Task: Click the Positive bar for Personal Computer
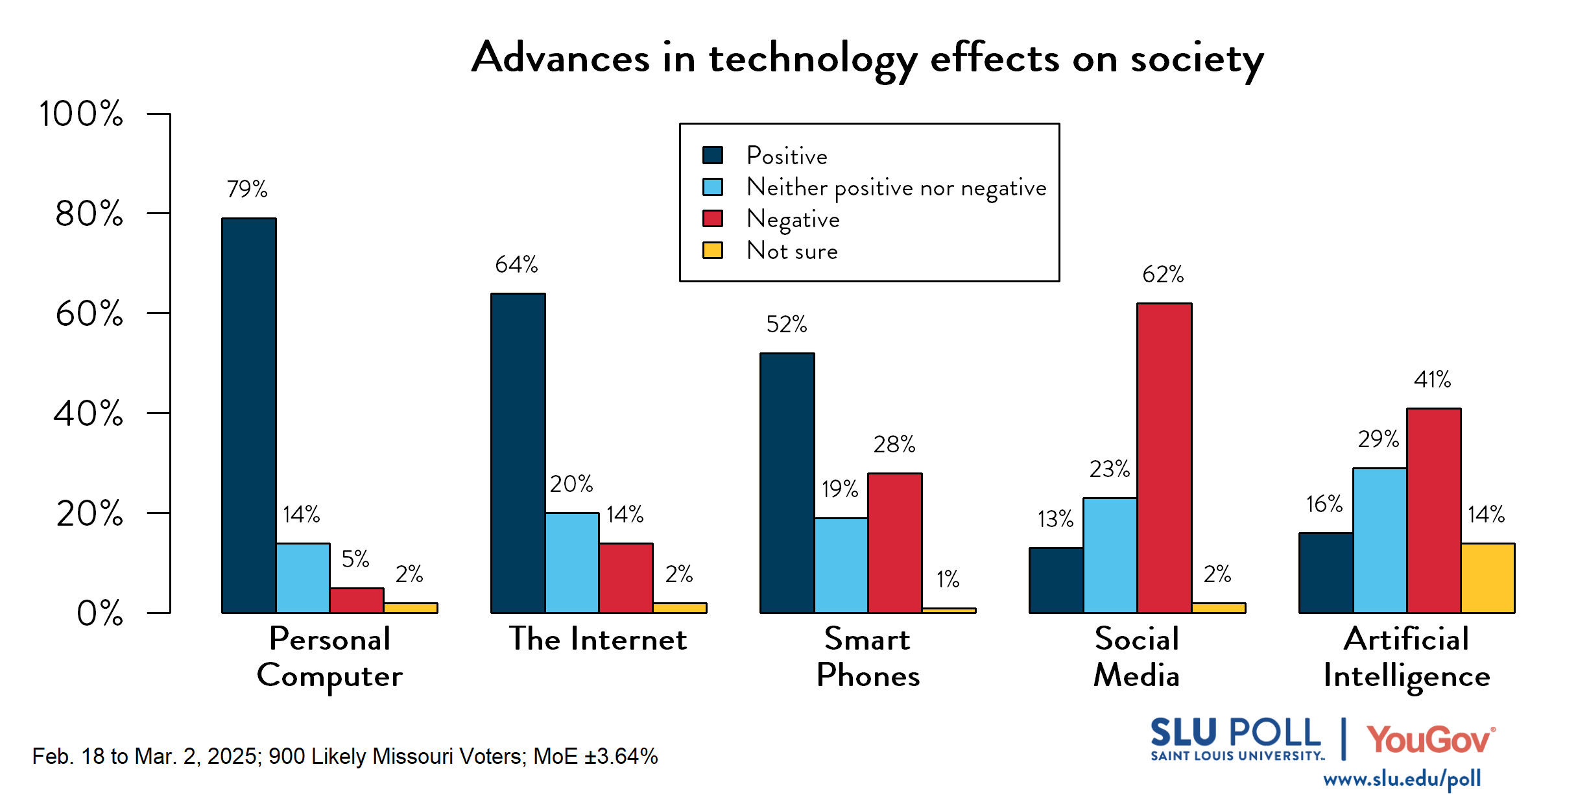249,415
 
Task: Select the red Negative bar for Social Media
1164,458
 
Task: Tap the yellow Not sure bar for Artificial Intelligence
1488,578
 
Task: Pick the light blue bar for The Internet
572,563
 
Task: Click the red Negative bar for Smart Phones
895,543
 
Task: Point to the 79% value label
246,189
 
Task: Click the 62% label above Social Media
1163,275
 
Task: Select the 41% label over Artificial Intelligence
1432,379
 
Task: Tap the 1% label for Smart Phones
948,579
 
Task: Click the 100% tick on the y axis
81,114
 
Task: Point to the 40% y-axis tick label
88,413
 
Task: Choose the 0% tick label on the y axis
100,613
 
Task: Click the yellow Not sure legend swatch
712,251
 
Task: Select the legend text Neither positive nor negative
896,188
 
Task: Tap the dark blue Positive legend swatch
712,155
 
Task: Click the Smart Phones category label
868,657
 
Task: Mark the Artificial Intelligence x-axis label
1406,657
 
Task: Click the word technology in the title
813,58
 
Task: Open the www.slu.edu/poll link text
1402,779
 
